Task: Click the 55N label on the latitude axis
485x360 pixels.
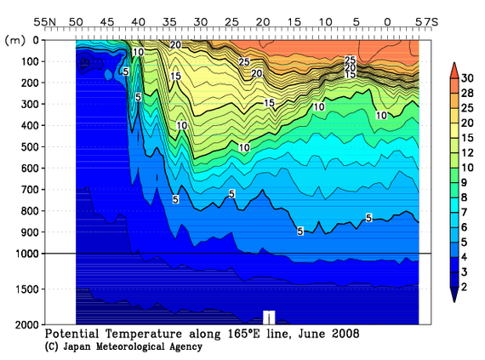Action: pyautogui.click(x=45, y=20)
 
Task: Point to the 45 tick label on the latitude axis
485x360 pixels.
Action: pyautogui.click(x=106, y=20)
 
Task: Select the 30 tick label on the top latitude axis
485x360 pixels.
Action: pyautogui.click(x=200, y=20)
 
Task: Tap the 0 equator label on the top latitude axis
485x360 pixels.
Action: pyautogui.click(x=388, y=20)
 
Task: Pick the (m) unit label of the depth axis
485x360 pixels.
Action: pyautogui.click(x=14, y=39)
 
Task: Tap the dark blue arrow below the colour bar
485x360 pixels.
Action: pyautogui.click(x=456, y=296)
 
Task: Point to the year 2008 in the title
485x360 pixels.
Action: pyautogui.click(x=345, y=334)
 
